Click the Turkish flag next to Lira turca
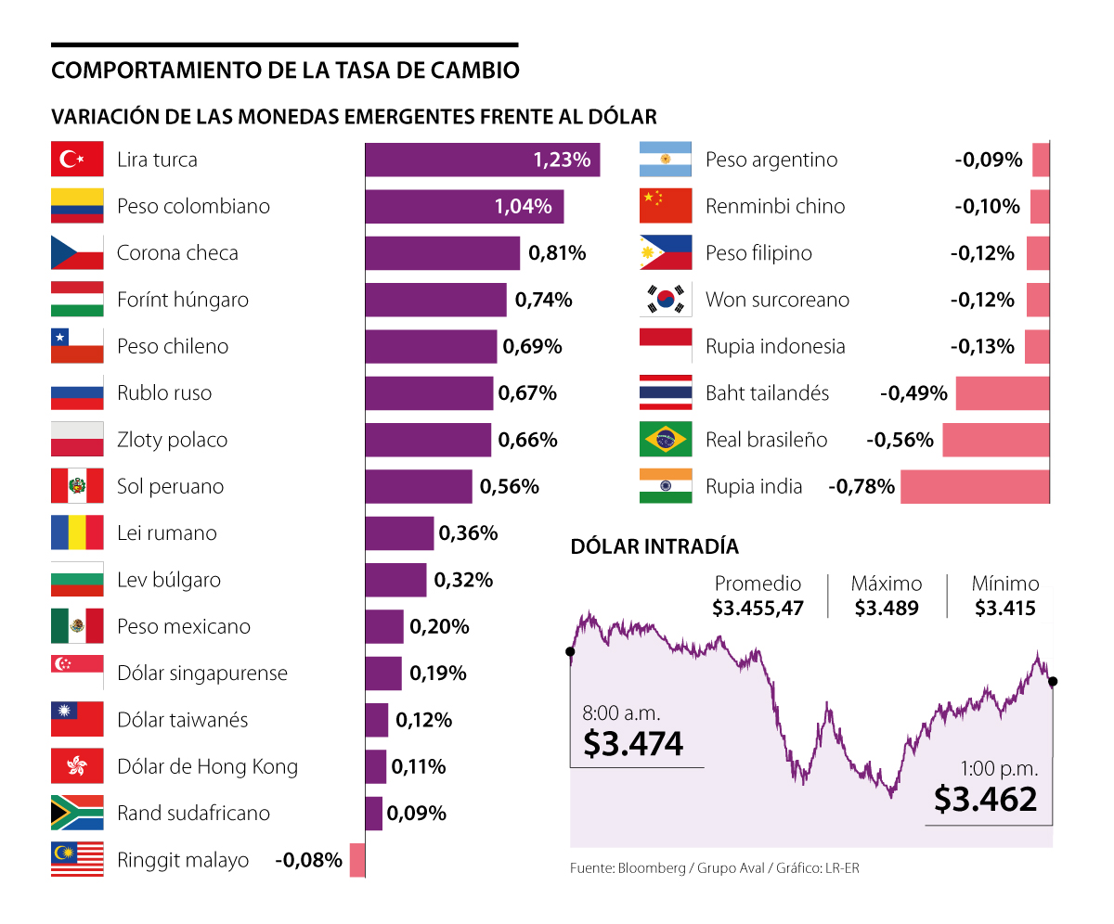click(77, 160)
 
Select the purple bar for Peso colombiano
click(464, 206)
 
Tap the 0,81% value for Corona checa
click(557, 252)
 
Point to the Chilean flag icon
click(77, 346)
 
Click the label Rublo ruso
click(164, 393)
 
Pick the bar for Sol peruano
click(419, 486)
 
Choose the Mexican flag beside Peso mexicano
click(77, 626)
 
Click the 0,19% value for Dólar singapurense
click(437, 674)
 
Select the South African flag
click(77, 813)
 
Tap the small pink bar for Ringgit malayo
click(357, 860)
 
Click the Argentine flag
click(666, 160)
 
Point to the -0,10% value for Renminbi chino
click(987, 206)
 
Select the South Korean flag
click(666, 300)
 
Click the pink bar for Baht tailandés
click(1003, 393)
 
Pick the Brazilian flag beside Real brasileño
click(666, 440)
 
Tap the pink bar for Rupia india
click(975, 486)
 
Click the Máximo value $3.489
click(887, 609)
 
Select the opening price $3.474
click(633, 743)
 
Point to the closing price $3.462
click(985, 798)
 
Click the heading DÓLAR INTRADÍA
click(654, 546)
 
